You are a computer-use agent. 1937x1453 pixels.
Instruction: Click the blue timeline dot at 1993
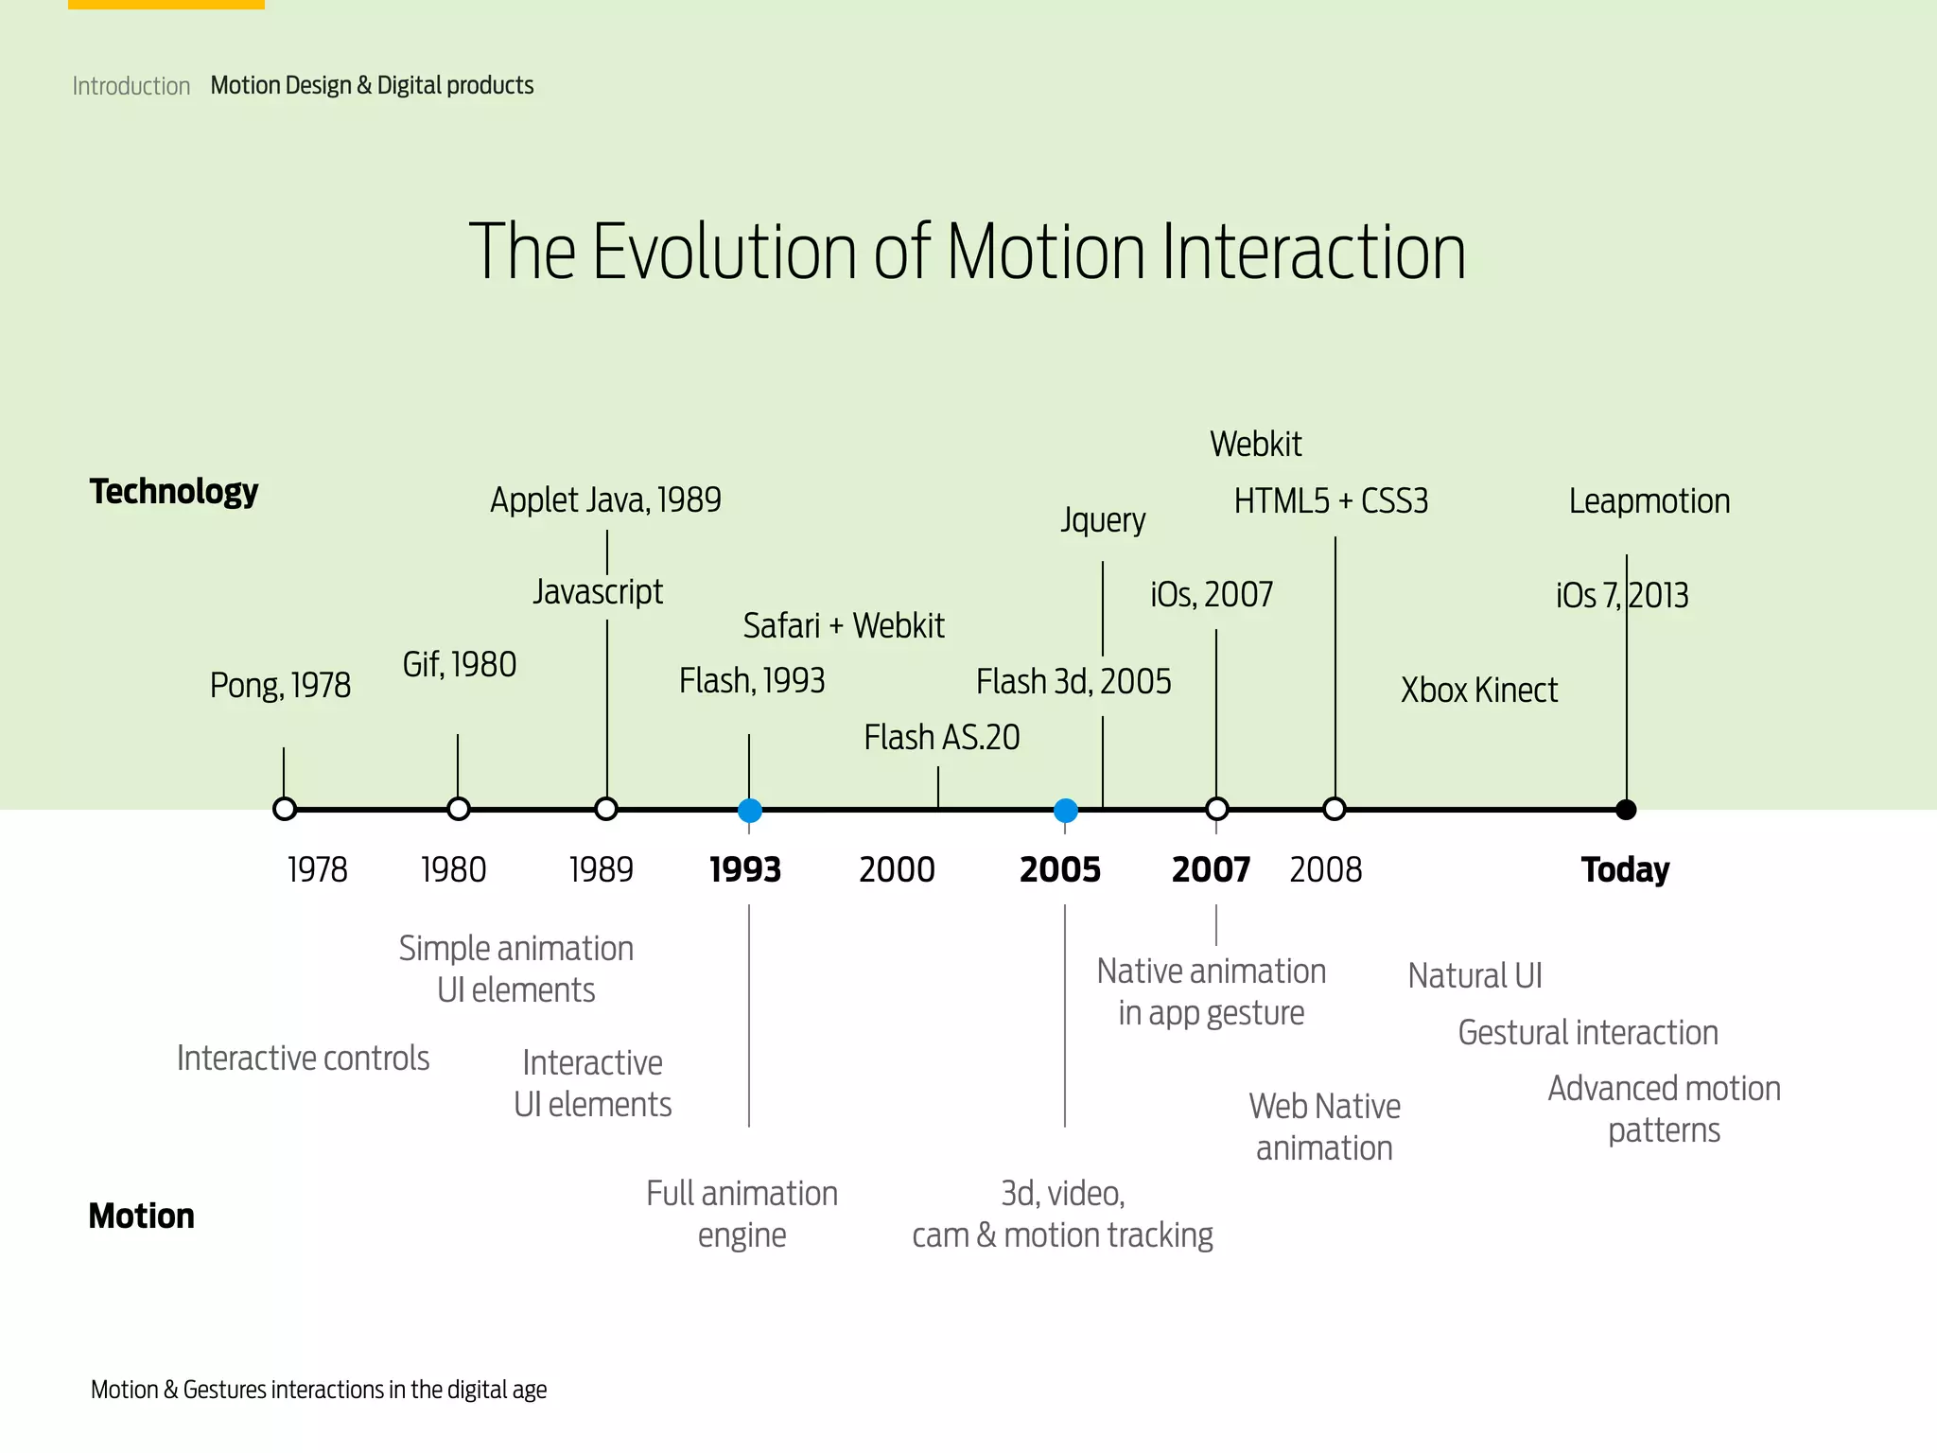(x=749, y=810)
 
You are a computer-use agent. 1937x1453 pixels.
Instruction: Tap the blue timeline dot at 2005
(x=1065, y=810)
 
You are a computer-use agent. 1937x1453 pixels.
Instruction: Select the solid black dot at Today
(x=1626, y=810)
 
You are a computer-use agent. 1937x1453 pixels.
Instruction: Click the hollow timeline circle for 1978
(x=285, y=810)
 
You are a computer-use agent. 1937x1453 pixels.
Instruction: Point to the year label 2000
(x=897, y=869)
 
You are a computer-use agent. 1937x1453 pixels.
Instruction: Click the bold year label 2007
(x=1211, y=869)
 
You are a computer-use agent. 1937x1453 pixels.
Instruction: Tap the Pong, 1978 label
(x=280, y=685)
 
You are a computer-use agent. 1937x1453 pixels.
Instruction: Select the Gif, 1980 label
(x=460, y=664)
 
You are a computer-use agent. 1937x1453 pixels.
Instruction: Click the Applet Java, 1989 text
(x=605, y=499)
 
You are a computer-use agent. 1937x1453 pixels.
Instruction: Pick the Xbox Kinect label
(x=1478, y=690)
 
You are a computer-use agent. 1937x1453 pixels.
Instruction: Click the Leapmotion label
(x=1649, y=500)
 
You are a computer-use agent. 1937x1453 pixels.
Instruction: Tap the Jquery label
(x=1103, y=519)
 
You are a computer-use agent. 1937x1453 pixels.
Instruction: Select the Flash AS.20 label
(x=942, y=737)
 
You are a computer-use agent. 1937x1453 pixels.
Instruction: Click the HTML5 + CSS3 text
(x=1331, y=500)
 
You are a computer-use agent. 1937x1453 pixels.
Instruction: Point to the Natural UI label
(x=1475, y=975)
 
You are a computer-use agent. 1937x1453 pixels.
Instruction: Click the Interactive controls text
(x=303, y=1058)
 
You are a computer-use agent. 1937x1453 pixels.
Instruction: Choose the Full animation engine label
(x=742, y=1214)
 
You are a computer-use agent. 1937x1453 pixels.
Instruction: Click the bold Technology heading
(x=174, y=491)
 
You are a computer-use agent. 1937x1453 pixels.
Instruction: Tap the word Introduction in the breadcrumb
(x=131, y=86)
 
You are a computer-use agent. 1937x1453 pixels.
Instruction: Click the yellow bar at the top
(x=166, y=4)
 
